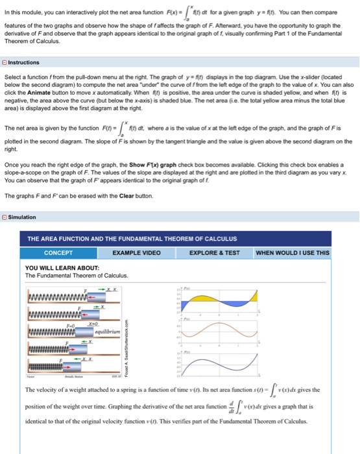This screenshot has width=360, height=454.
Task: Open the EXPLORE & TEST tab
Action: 213,252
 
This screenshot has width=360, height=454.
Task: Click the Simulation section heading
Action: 23,217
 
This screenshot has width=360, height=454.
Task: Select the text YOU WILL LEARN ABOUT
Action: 62,267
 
